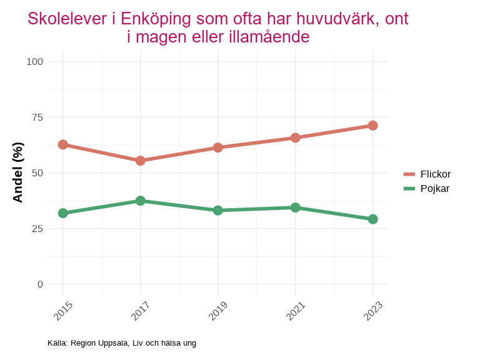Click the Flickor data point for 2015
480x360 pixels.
[63, 144]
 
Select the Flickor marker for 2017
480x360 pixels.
[141, 161]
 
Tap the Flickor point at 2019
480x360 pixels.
[218, 147]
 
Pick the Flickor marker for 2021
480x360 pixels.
[296, 137]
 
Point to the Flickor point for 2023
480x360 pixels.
[373, 126]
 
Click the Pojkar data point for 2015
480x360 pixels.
[63, 213]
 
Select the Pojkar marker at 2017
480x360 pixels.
[141, 201]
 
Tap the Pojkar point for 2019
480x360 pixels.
[218, 211]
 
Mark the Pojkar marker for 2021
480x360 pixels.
[296, 207]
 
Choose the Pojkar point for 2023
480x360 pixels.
[373, 219]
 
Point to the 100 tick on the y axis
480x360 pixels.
[35, 61]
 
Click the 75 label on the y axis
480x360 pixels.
[37, 117]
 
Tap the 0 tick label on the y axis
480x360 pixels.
[41, 284]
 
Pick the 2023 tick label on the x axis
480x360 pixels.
[372, 311]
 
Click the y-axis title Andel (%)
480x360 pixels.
[18, 172]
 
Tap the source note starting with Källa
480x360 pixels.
[122, 342]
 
